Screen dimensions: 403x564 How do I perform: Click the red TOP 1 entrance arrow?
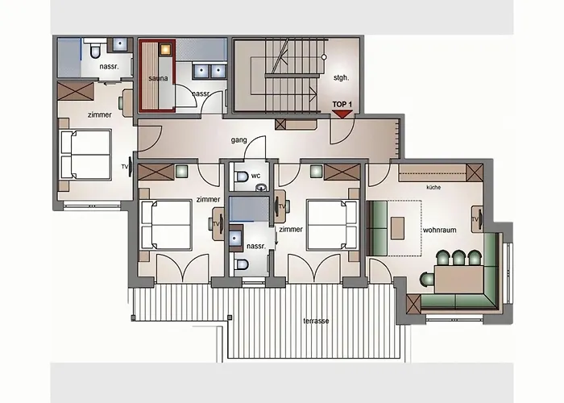[x=342, y=114]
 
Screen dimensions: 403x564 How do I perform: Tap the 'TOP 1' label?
[x=342, y=104]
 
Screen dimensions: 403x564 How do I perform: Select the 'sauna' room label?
[x=157, y=77]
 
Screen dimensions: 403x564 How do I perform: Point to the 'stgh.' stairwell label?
[x=340, y=78]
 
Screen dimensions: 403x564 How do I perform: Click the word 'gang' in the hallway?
[x=238, y=140]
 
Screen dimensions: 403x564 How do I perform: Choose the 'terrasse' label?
[x=316, y=320]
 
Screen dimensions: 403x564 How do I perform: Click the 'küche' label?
[x=433, y=187]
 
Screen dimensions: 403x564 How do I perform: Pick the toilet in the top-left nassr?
[x=94, y=50]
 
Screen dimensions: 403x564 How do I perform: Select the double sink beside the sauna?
[x=209, y=70]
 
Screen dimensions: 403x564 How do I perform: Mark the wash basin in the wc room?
[x=260, y=188]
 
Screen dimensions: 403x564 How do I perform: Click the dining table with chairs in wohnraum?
[x=455, y=276]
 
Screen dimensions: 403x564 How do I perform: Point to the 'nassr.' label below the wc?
[x=256, y=246]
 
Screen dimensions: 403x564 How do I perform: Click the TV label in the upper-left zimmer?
[x=125, y=167]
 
